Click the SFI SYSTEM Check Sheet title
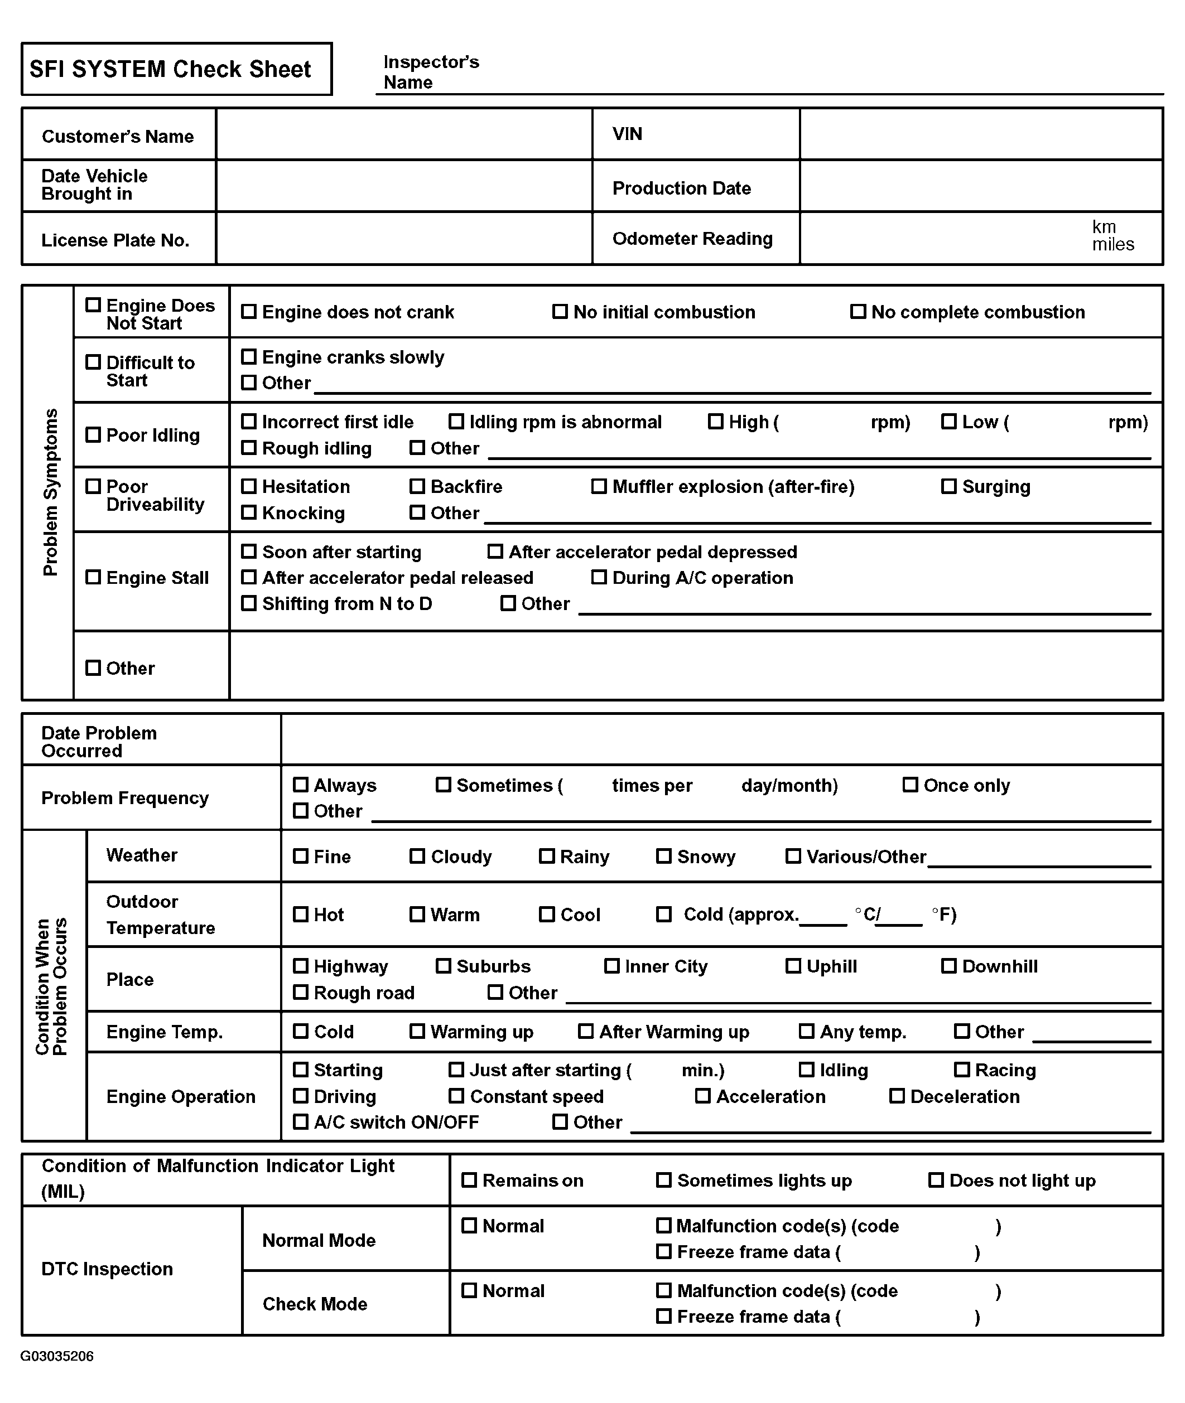[170, 69]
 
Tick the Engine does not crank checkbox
[249, 312]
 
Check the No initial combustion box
[560, 312]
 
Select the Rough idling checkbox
[249, 448]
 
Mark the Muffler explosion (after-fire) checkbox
[599, 486]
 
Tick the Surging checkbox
[948, 486]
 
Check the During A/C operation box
[599, 577]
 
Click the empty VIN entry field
[981, 134]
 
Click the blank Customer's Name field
[403, 134]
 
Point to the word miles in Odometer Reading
[1112, 245]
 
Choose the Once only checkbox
[911, 785]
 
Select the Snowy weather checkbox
[664, 856]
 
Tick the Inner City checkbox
[612, 966]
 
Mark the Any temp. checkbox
[806, 1031]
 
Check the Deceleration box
[897, 1096]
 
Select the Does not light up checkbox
[936, 1180]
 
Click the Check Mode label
[315, 1304]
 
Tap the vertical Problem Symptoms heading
[50, 492]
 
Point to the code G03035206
[57, 1356]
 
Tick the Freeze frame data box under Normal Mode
[664, 1251]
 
